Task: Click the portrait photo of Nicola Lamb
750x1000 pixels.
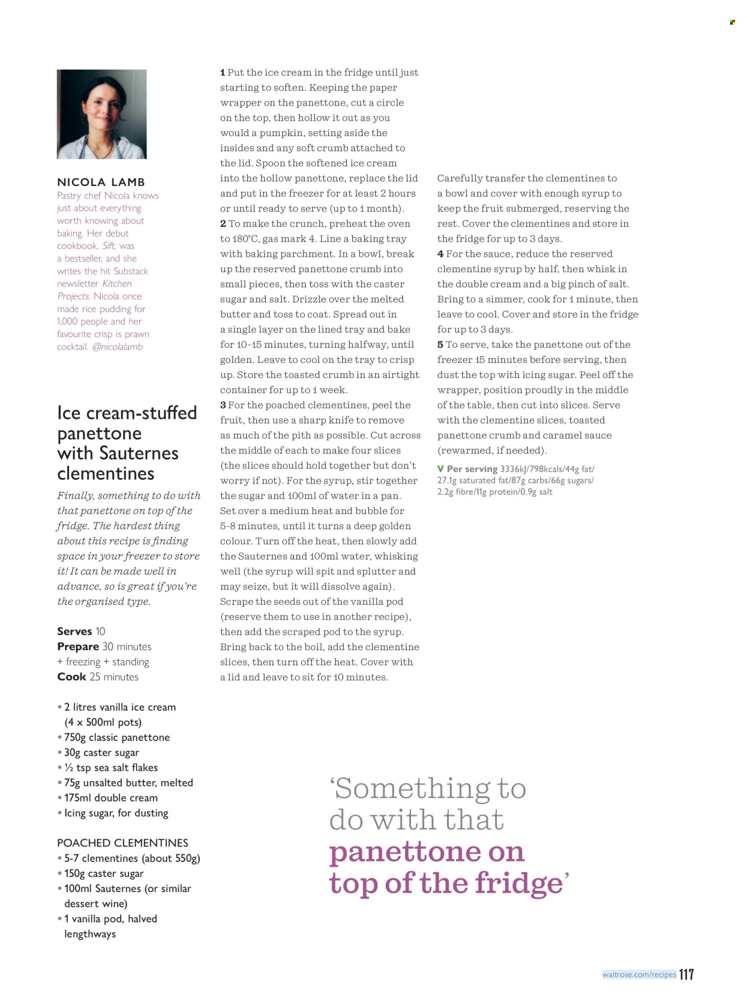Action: point(101,114)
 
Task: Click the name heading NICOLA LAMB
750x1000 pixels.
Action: point(101,182)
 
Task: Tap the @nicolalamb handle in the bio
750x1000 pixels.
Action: point(117,347)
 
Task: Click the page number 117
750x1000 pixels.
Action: point(686,974)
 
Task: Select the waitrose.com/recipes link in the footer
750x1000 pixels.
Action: point(639,974)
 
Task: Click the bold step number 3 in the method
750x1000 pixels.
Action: point(223,405)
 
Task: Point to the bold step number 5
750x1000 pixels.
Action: point(440,344)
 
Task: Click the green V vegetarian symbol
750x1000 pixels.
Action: point(440,469)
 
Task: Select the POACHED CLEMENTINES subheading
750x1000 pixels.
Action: point(122,843)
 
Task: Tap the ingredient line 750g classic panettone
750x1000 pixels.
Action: point(116,737)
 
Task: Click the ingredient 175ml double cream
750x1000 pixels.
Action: point(110,798)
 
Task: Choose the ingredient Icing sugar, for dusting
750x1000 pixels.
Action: point(116,813)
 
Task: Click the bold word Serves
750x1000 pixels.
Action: point(74,631)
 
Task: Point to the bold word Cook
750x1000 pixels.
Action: point(71,677)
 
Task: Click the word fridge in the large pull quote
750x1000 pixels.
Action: point(518,883)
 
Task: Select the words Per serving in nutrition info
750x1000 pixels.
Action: point(472,469)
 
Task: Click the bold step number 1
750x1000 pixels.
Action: point(223,73)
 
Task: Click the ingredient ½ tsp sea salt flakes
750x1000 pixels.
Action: point(110,768)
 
